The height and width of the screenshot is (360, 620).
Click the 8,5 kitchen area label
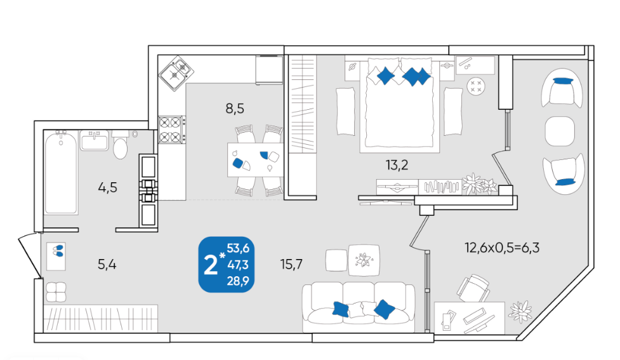click(x=235, y=109)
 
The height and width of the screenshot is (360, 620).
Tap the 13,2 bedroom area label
click(x=397, y=165)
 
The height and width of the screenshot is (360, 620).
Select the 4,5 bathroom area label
click(x=107, y=187)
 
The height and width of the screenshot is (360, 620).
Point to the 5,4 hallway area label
click(x=107, y=264)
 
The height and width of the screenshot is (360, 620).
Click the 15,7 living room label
click(x=291, y=264)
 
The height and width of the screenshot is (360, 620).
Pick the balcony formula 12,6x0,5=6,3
click(x=502, y=248)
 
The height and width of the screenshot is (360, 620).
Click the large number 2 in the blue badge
click(x=210, y=265)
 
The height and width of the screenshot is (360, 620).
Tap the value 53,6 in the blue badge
click(x=238, y=248)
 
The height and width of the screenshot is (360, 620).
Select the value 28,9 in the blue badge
click(x=238, y=281)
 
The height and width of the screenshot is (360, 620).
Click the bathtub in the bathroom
click(x=61, y=172)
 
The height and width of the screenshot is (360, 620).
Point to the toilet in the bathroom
click(x=120, y=145)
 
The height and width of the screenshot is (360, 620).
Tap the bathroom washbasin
click(x=94, y=140)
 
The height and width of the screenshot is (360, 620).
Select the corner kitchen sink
click(x=176, y=73)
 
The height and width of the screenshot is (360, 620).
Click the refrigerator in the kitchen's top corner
click(x=269, y=70)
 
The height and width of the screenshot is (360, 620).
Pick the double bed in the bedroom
click(x=399, y=105)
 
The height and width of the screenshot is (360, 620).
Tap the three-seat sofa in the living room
click(x=359, y=307)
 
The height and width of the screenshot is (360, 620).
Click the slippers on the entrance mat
click(x=58, y=251)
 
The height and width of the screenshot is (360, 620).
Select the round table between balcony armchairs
click(x=560, y=131)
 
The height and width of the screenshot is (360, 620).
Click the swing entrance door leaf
click(x=30, y=256)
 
